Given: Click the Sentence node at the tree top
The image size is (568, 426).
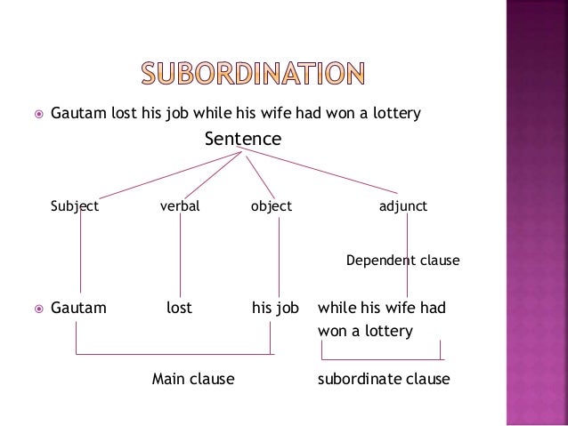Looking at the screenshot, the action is pyautogui.click(x=242, y=140).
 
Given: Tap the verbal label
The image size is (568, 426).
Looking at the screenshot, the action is pyautogui.click(x=180, y=207).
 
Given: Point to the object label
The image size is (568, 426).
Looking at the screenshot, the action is pyautogui.click(x=272, y=207).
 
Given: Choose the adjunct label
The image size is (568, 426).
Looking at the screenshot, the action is pyautogui.click(x=403, y=207).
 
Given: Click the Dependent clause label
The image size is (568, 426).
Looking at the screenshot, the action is pyautogui.click(x=402, y=261).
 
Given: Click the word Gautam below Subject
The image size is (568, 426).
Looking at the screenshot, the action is pyautogui.click(x=78, y=309).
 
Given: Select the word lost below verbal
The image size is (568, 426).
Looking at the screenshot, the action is pyautogui.click(x=180, y=309).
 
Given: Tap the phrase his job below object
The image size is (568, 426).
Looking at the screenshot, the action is pyautogui.click(x=275, y=309).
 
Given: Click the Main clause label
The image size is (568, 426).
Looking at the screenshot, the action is pyautogui.click(x=192, y=379).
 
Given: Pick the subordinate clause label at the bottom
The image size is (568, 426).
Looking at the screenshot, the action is pyautogui.click(x=384, y=379).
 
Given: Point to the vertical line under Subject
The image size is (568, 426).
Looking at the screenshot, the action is pyautogui.click(x=81, y=258).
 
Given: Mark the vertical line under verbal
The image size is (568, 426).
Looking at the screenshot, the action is pyautogui.click(x=181, y=258).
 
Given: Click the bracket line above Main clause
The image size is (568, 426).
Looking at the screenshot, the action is pyautogui.click(x=174, y=354).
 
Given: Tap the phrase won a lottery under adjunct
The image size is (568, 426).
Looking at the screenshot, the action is pyautogui.click(x=365, y=331).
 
